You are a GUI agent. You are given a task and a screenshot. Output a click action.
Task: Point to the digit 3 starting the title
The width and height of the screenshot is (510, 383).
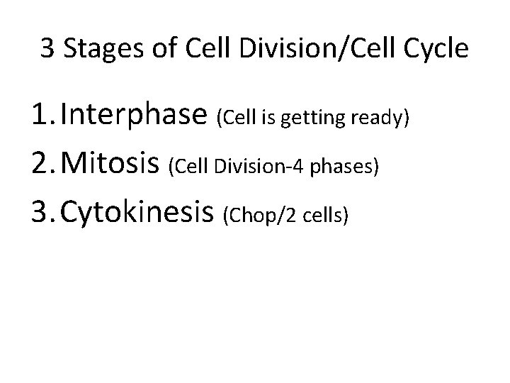[x=47, y=50]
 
